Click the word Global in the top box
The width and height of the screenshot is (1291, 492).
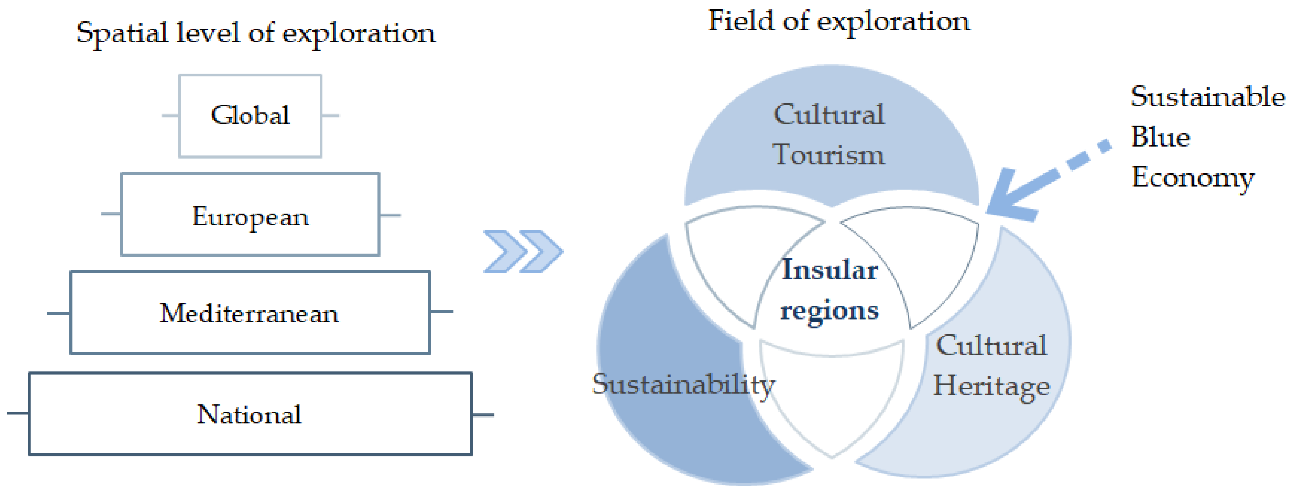pos(250,115)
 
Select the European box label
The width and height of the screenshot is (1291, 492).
pos(250,217)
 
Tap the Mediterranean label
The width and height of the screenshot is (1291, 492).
pos(249,314)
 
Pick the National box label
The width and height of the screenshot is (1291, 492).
pos(249,415)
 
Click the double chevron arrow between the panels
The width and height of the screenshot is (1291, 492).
pos(523,251)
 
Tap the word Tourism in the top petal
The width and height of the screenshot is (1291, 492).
pos(828,154)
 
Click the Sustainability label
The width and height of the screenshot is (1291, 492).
pos(683,385)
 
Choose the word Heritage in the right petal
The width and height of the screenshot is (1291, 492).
pos(991,387)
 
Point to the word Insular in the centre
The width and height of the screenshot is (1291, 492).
pos(830,270)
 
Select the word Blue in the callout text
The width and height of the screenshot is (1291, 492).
pos(1160,137)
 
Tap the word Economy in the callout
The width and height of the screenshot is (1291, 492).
pos(1193,178)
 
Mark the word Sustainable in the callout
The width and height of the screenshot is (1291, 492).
pos(1208,96)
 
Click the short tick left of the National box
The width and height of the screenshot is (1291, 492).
pos(18,413)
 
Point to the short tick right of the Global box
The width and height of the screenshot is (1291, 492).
pos(330,116)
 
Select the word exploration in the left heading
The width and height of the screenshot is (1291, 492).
pos(359,34)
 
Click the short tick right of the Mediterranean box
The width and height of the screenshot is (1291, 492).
pos(442,312)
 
